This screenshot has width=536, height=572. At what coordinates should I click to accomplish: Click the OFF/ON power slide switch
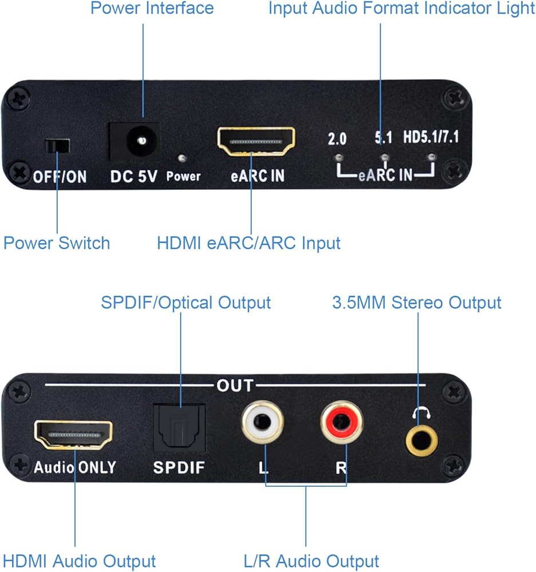(x=56, y=146)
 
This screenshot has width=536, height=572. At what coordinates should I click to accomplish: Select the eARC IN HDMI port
(x=256, y=142)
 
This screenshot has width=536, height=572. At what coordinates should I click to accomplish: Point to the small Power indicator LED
(x=182, y=157)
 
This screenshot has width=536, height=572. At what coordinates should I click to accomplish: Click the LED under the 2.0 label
(x=339, y=156)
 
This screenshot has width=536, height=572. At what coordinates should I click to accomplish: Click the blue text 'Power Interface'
(x=152, y=9)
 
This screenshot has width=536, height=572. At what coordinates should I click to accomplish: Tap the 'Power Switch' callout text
(x=56, y=243)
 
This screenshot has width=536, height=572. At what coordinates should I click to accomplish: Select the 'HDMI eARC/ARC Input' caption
(x=249, y=243)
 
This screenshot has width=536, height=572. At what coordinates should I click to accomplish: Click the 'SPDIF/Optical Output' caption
(x=186, y=302)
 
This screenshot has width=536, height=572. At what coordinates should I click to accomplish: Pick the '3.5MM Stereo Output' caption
(x=416, y=302)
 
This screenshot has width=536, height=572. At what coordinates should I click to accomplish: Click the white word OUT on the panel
(x=234, y=386)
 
